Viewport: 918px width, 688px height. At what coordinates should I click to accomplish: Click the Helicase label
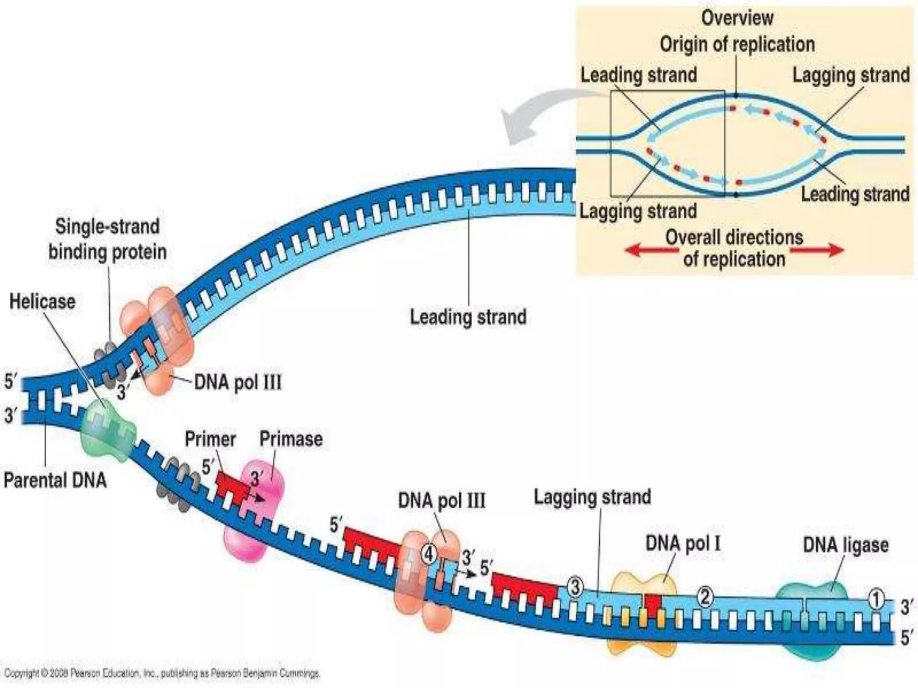[x=43, y=301]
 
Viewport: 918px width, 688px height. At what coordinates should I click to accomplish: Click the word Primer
[x=210, y=439]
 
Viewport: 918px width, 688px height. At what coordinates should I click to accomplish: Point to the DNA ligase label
[x=845, y=545]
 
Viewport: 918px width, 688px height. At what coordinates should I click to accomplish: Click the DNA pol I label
[x=683, y=544]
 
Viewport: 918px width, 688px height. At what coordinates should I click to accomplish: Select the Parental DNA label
[x=55, y=480]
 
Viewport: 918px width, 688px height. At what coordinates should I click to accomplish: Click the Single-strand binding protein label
[x=108, y=239]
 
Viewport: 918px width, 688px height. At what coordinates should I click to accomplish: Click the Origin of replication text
[x=737, y=44]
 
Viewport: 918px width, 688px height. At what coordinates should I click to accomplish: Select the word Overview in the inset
[x=737, y=18]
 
